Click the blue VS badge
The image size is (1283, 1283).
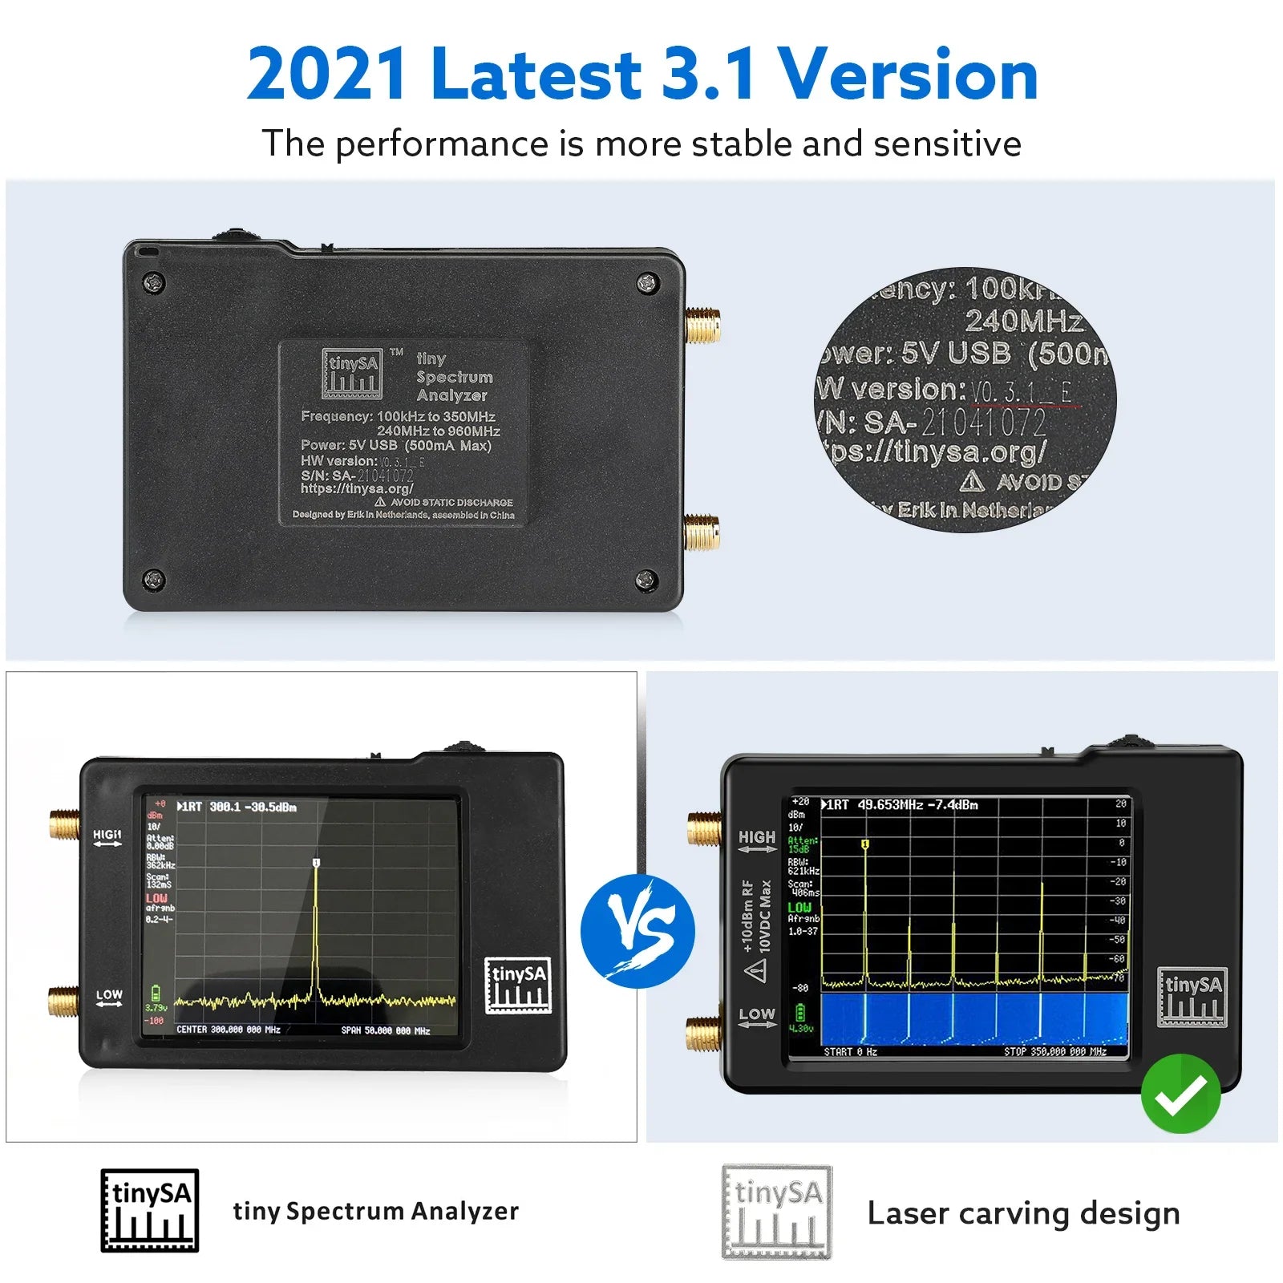638,931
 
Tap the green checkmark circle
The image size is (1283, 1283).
1180,1093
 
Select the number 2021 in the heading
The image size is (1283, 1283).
326,75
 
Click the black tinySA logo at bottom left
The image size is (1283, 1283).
149,1211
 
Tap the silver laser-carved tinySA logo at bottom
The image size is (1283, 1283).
776,1212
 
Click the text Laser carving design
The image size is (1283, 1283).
1023,1213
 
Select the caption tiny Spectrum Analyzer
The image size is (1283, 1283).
375,1211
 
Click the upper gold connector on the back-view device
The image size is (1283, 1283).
702,326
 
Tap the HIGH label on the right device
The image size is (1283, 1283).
757,837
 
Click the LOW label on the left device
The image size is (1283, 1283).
109,995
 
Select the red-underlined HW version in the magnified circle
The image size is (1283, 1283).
1021,392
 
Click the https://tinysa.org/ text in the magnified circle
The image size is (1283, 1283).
935,451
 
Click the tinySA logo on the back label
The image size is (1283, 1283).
351,374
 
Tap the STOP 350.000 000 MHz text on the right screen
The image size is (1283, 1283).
1054,1051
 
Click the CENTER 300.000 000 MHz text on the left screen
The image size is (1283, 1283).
228,1030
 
